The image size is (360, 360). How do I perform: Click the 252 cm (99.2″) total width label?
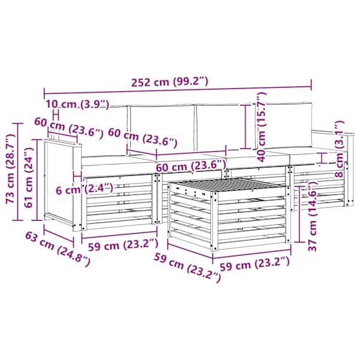[x=170, y=82]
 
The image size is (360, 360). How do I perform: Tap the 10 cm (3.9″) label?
[x=77, y=104]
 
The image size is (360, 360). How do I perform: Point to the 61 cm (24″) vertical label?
[x=29, y=177]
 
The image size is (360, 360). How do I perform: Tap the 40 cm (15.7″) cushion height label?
[x=262, y=127]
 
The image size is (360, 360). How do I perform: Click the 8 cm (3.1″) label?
[x=339, y=149]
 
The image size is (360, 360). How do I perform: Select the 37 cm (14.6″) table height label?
[x=312, y=216]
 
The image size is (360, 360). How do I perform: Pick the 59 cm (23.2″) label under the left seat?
[x=123, y=245]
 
